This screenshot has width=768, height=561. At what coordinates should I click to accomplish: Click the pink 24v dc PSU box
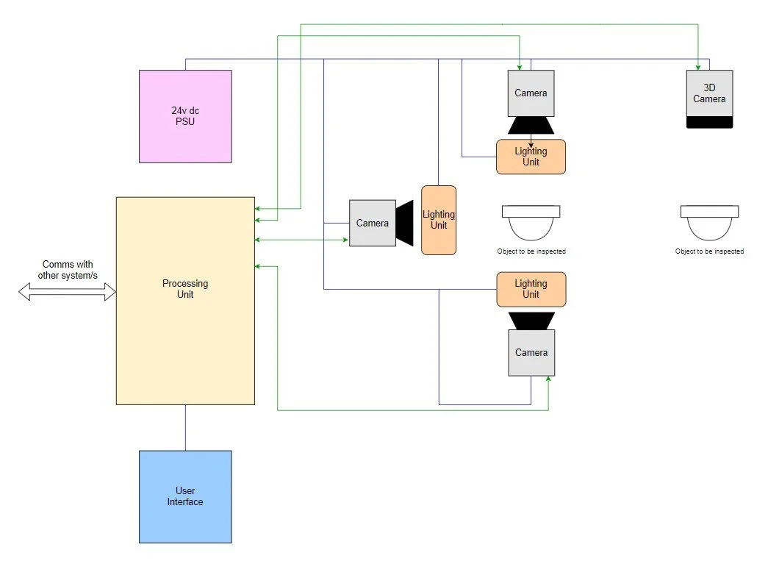pyautogui.click(x=185, y=116)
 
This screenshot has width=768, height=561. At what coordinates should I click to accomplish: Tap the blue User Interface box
pyautogui.click(x=185, y=496)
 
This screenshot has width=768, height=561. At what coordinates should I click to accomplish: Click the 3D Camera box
pyautogui.click(x=709, y=93)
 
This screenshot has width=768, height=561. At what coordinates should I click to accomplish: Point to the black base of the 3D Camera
pyautogui.click(x=709, y=122)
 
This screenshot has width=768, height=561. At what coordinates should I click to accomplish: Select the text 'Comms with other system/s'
pyautogui.click(x=68, y=270)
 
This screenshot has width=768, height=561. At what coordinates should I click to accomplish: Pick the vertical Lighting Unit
pyautogui.click(x=439, y=220)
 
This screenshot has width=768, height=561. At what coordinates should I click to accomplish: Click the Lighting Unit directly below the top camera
pyautogui.click(x=531, y=157)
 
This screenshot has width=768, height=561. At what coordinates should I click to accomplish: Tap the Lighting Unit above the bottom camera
pyautogui.click(x=531, y=289)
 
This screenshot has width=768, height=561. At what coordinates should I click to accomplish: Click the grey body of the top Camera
pyautogui.click(x=531, y=93)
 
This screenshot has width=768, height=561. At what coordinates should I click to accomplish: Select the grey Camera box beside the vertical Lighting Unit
pyautogui.click(x=372, y=223)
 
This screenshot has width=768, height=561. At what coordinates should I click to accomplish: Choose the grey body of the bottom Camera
pyautogui.click(x=531, y=353)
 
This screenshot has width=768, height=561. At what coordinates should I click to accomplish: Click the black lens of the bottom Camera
pyautogui.click(x=531, y=321)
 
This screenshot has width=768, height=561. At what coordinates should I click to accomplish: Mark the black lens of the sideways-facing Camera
pyautogui.click(x=405, y=223)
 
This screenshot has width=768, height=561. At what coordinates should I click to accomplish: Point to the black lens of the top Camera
pyautogui.click(x=531, y=126)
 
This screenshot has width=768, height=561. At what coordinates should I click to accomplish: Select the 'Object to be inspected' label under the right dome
pyautogui.click(x=709, y=251)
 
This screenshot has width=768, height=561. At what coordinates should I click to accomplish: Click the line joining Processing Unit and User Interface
pyautogui.click(x=185, y=427)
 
